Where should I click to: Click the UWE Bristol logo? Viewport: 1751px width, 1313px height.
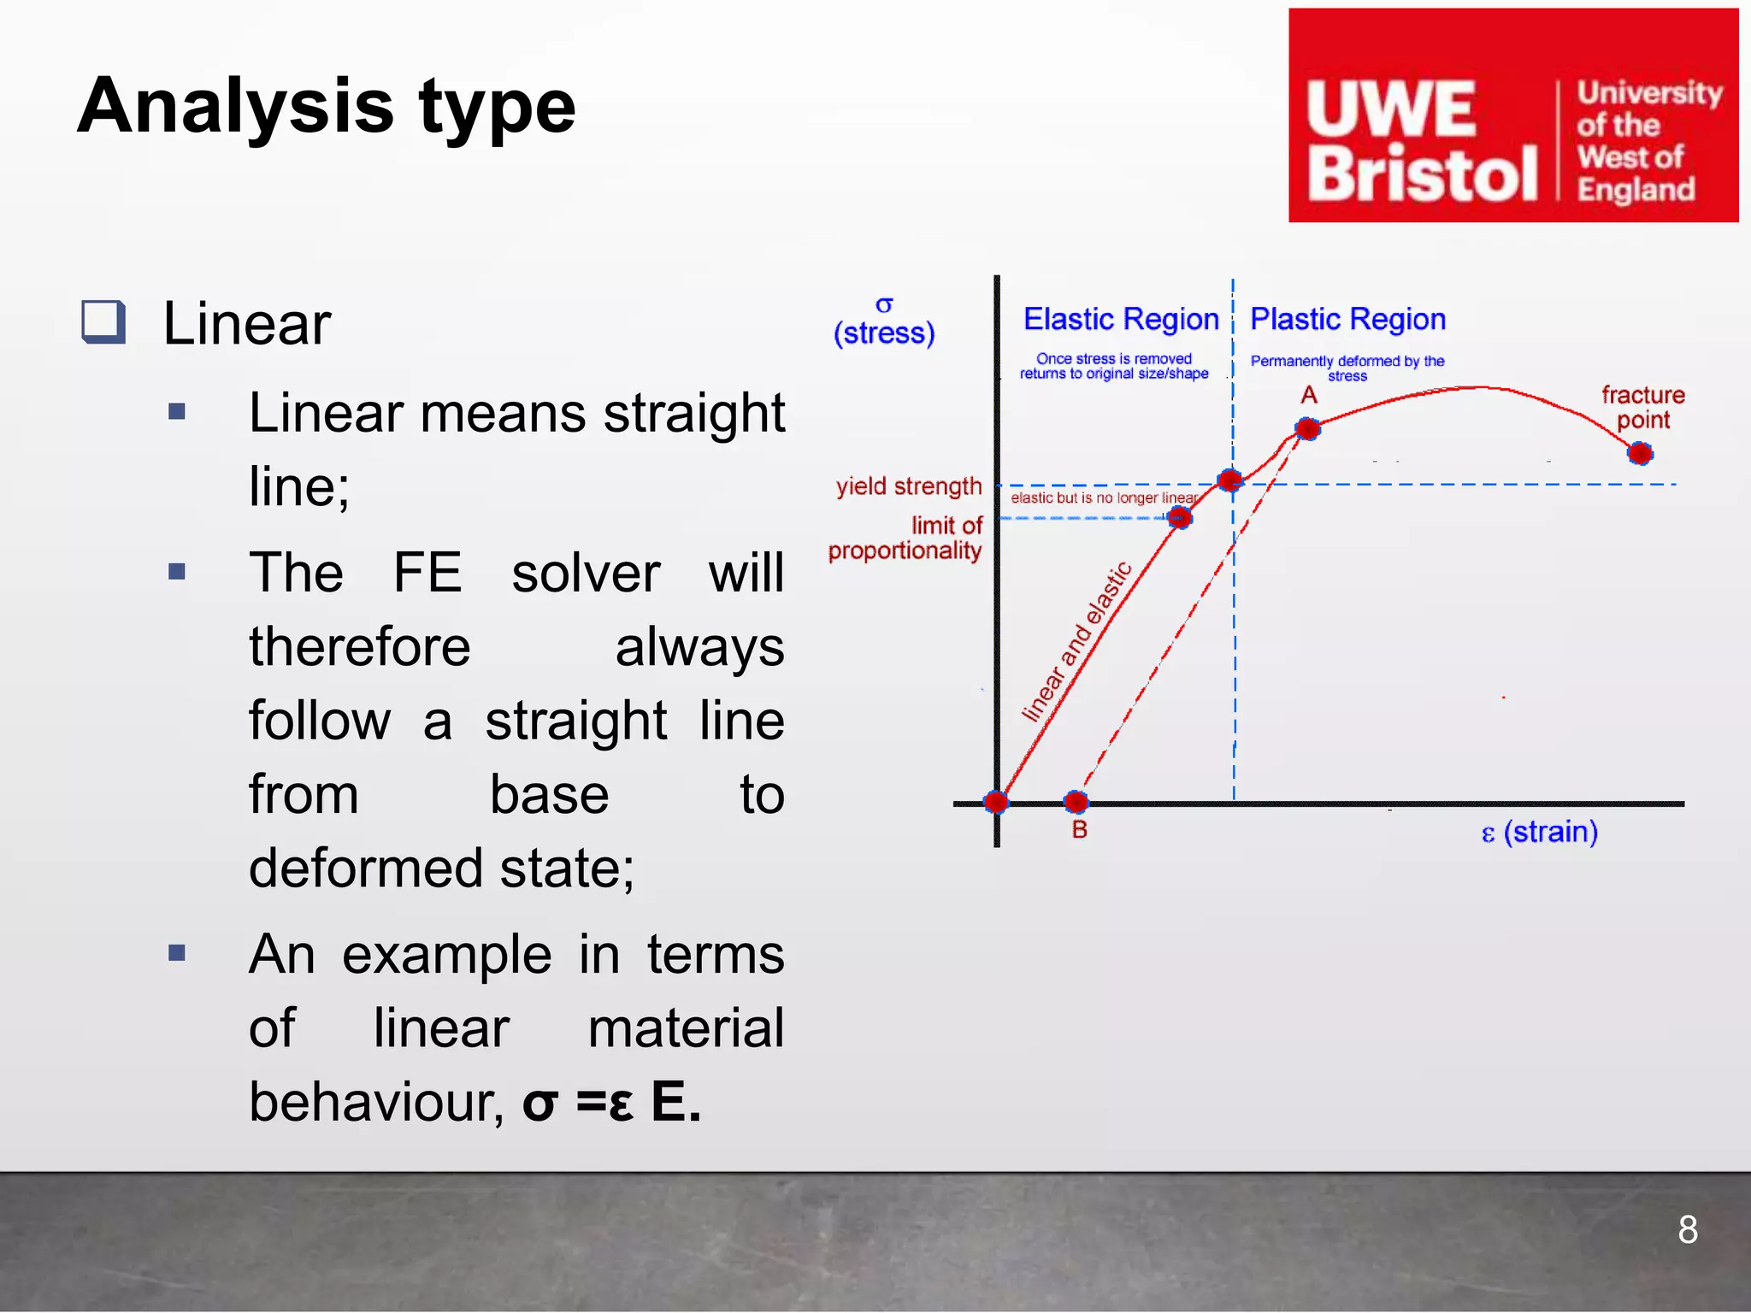coord(1512,115)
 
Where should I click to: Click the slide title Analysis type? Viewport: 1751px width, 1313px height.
coord(327,106)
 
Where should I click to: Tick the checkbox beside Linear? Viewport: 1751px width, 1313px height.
coord(103,322)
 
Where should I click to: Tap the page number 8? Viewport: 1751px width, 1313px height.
coord(1687,1230)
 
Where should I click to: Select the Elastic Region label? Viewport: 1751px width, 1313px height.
coord(1121,319)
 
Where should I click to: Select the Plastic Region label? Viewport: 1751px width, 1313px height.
coord(1347,319)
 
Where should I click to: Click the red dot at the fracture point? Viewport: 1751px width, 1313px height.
coord(1639,453)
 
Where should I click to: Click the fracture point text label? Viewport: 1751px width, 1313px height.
coord(1642,407)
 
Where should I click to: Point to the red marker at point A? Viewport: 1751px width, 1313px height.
coord(1307,428)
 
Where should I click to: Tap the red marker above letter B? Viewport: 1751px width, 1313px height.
coord(1076,801)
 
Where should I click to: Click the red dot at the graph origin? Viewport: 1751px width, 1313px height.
coord(996,802)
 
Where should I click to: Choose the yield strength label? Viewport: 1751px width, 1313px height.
coord(909,486)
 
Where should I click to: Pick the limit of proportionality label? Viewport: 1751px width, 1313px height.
coord(905,538)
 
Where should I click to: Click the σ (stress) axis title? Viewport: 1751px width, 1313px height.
coord(884,321)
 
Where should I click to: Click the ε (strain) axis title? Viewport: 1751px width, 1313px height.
coord(1539,832)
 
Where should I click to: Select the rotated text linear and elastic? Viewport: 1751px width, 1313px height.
coord(1077,641)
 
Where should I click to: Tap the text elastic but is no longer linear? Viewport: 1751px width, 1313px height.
coord(1104,498)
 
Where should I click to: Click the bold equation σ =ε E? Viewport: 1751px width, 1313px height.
coord(611,1102)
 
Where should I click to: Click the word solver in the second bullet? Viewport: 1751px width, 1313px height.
coord(586,573)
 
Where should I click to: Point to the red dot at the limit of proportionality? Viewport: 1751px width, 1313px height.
coord(1179,517)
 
